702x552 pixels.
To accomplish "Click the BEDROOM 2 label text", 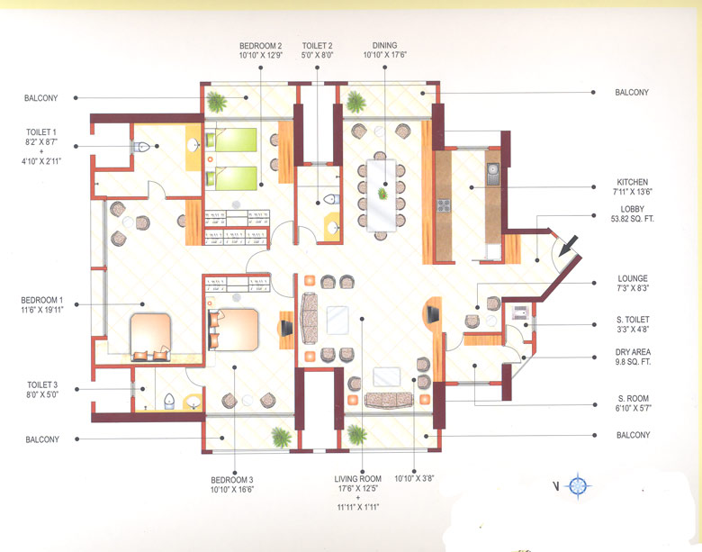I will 261,45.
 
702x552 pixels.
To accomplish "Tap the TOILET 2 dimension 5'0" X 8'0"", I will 318,56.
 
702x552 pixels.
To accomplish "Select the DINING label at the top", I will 385,45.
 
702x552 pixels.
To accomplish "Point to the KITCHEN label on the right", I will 631,183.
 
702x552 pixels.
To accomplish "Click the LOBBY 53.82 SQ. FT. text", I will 631,219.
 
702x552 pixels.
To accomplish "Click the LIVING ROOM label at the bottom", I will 358,479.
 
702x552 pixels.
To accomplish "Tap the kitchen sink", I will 493,174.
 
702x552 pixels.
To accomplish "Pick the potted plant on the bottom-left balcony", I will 282,438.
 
